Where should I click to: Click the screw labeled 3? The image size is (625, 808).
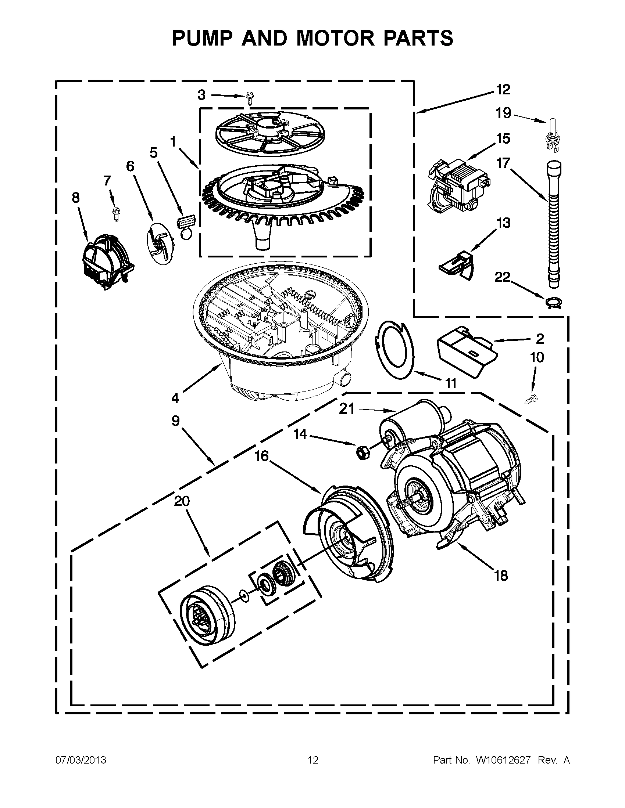[249, 99]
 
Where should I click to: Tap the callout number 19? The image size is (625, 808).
[503, 113]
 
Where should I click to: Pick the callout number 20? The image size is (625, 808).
[182, 501]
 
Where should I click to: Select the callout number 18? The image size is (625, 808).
[501, 576]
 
